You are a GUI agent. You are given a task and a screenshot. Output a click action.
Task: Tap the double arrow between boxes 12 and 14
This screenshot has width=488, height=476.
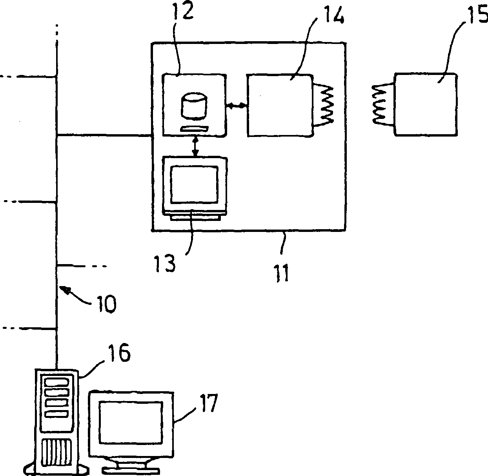[237, 106]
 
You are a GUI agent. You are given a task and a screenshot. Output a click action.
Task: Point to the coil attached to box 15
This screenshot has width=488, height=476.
[381, 105]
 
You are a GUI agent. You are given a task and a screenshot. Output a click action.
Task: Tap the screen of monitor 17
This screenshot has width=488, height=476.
[131, 422]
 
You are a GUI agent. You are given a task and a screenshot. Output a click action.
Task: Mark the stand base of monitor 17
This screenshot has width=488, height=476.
[131, 468]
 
